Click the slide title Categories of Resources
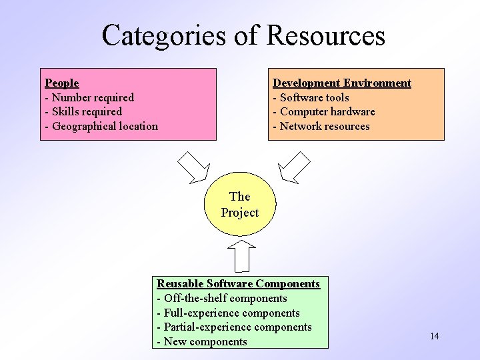click(243, 35)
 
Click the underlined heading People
click(61, 83)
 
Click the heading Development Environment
click(341, 83)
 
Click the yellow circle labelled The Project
click(239, 205)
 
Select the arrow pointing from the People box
click(194, 167)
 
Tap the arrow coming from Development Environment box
click(294, 167)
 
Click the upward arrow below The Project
click(241, 256)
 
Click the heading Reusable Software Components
click(238, 283)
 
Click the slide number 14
click(434, 336)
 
